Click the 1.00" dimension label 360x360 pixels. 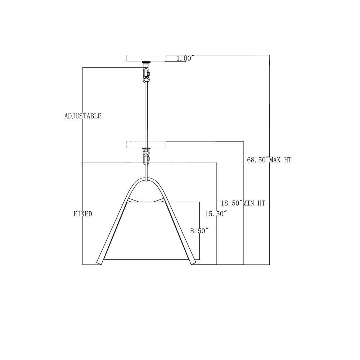[185, 59]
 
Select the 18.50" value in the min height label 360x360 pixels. [231, 203]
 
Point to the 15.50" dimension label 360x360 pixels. [216, 214]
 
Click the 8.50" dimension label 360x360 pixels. [199, 231]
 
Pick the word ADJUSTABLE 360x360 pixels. [83, 116]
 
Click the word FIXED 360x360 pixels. [83, 214]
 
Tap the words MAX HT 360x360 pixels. [280, 160]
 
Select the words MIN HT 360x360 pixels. [254, 203]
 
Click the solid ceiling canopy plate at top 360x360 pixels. [146, 58]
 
